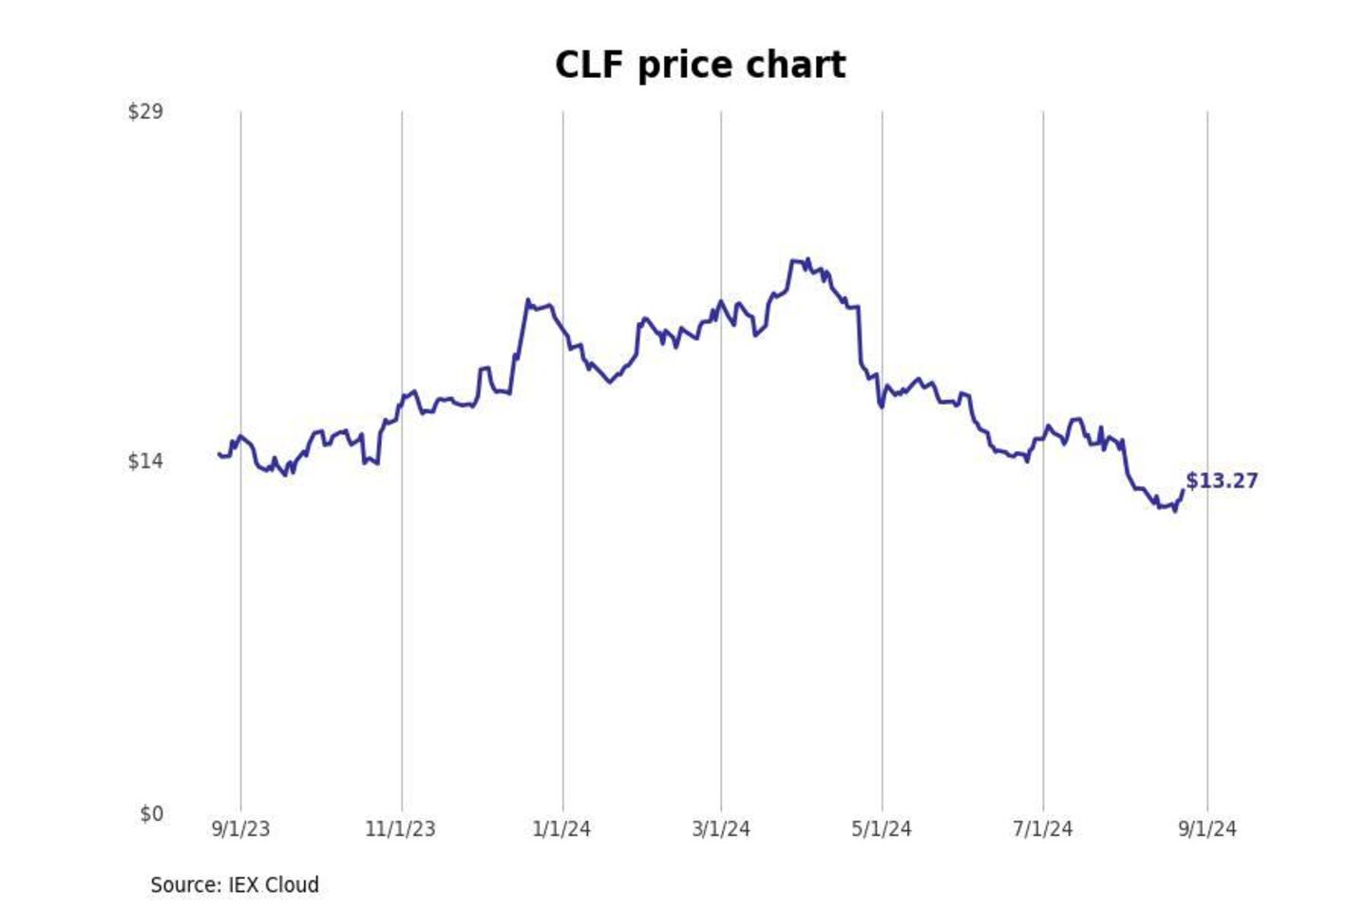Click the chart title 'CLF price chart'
(700, 66)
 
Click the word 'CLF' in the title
(589, 66)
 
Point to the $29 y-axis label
(145, 112)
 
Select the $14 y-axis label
(145, 462)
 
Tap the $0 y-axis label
(151, 814)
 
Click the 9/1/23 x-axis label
(240, 829)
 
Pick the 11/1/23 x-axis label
(400, 829)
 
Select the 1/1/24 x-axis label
(561, 829)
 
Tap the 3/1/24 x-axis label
(721, 829)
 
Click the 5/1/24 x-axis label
(882, 829)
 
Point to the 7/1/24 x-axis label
(1042, 829)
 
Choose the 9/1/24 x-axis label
(1207, 829)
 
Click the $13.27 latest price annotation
(1222, 482)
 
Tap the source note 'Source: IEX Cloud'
(235, 885)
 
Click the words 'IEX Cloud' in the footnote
(274, 885)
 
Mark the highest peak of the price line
(807, 258)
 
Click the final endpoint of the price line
(1183, 490)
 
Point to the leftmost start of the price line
(218, 454)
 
